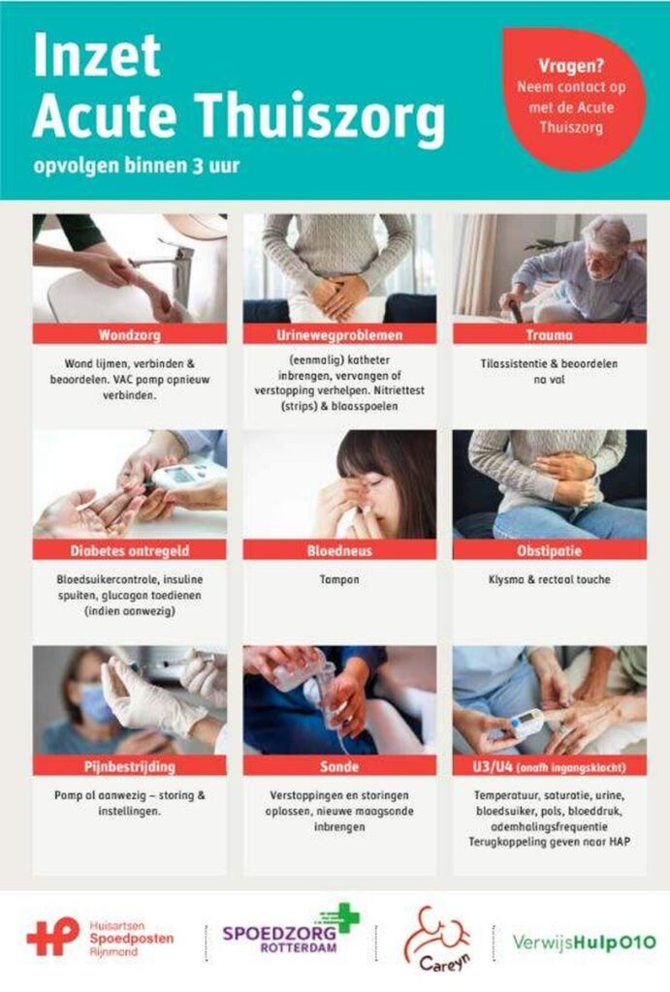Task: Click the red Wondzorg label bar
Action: tap(130, 334)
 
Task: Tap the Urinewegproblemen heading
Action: tap(339, 334)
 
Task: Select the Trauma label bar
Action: tap(550, 334)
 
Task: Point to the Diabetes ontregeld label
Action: tap(130, 550)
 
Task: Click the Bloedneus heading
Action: tap(339, 550)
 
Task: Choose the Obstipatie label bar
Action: tap(550, 550)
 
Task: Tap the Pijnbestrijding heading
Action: tap(130, 765)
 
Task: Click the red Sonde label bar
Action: tap(339, 765)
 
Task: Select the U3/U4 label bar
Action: tap(550, 765)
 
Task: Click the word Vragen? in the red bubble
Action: tap(571, 65)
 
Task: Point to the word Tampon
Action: tap(339, 579)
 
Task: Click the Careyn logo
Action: tap(437, 939)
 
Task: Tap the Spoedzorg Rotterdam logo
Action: tap(291, 929)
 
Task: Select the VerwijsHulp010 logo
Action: tap(584, 943)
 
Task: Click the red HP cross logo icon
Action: tap(53, 937)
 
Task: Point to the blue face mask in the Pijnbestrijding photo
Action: tap(95, 702)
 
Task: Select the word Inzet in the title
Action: tap(97, 54)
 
